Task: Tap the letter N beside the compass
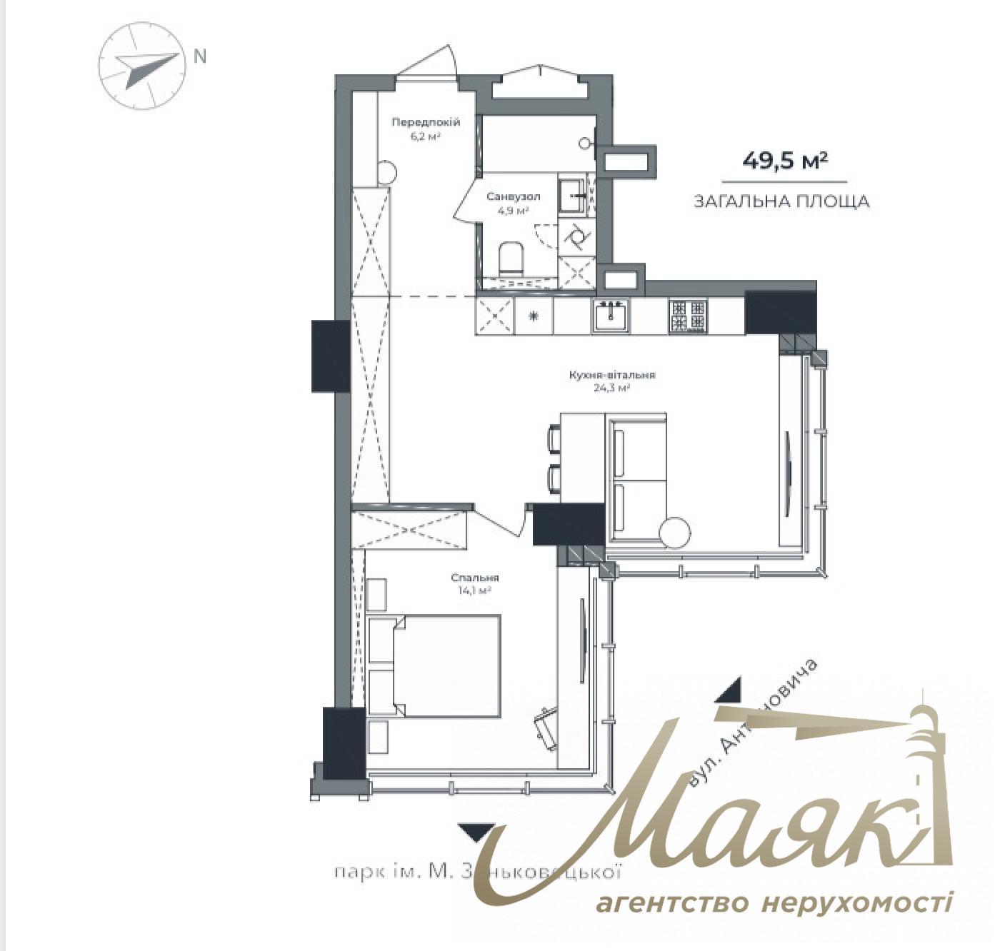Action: pos(200,56)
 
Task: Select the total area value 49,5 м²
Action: pos(784,161)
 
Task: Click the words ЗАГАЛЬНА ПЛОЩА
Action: pos(781,202)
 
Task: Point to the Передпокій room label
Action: pos(425,129)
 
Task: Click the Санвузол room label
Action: pos(513,202)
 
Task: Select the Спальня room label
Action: pos(474,584)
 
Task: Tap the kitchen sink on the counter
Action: pos(611,314)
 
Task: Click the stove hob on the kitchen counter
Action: pos(687,316)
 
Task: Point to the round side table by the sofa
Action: pos(674,532)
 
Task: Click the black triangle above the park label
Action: pos(476,832)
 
